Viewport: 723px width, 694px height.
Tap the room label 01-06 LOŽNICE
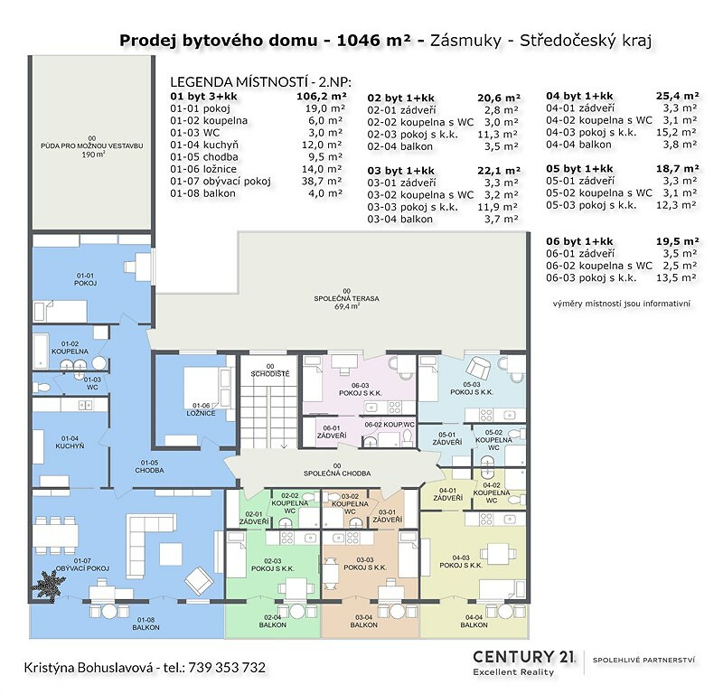(x=201, y=409)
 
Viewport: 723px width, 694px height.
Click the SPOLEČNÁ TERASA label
(x=346, y=298)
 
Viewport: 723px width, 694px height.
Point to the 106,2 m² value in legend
(x=322, y=97)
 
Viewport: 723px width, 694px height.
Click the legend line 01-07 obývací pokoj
(x=221, y=182)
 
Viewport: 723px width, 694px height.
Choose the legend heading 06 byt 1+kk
(x=579, y=241)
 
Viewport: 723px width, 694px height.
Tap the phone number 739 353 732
(x=227, y=667)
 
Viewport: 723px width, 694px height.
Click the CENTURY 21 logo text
(x=524, y=656)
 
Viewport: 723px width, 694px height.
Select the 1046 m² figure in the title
(x=373, y=40)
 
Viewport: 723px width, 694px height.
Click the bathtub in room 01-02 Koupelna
(x=40, y=351)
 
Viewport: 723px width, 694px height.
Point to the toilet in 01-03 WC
(x=42, y=388)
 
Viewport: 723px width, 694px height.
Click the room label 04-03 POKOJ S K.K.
(x=461, y=561)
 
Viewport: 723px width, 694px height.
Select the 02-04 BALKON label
(x=273, y=621)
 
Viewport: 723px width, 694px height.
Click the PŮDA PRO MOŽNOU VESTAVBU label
(x=92, y=146)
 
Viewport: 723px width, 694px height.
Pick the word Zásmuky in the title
(x=465, y=41)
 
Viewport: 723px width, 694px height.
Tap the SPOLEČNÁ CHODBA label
(x=337, y=470)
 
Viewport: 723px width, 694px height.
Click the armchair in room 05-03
(x=478, y=368)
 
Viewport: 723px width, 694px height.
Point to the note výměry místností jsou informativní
(x=622, y=304)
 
